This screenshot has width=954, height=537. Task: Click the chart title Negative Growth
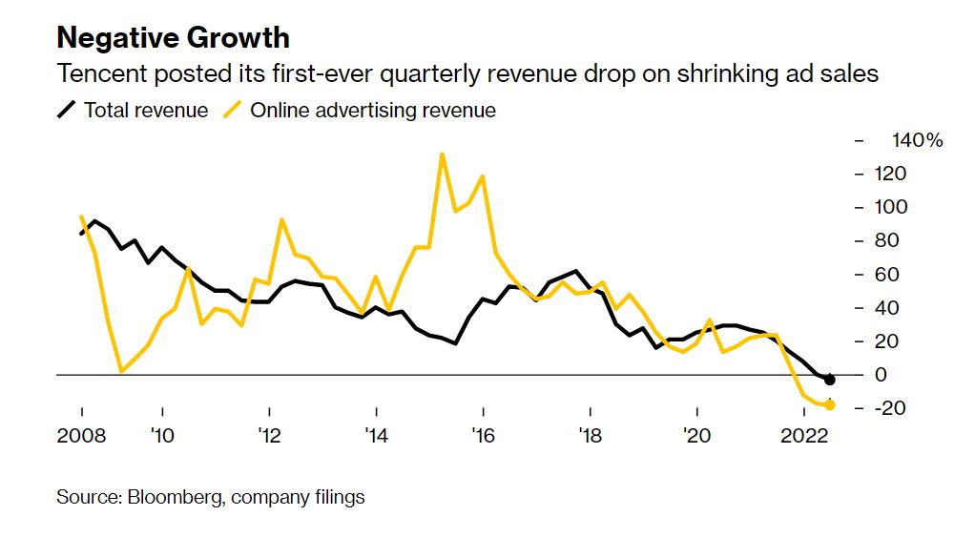[x=173, y=38]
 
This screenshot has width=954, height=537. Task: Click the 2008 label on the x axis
[x=81, y=436]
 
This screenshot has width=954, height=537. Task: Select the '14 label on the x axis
[x=376, y=436]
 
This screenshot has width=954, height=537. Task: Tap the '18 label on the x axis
[x=590, y=436]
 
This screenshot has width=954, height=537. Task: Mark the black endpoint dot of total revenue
[x=830, y=380]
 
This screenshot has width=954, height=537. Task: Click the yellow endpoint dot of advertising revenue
[x=830, y=405]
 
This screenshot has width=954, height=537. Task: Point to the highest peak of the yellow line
[x=442, y=154]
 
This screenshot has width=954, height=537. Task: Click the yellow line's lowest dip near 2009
[x=121, y=371]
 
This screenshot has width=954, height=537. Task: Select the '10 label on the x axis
[x=162, y=436]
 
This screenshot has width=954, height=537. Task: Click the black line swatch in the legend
[x=67, y=110]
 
